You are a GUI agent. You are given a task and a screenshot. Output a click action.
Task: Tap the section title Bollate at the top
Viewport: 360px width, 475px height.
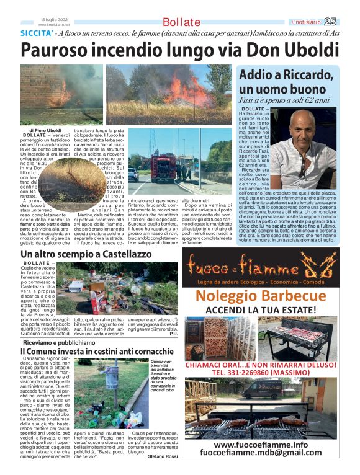click(181, 23)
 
